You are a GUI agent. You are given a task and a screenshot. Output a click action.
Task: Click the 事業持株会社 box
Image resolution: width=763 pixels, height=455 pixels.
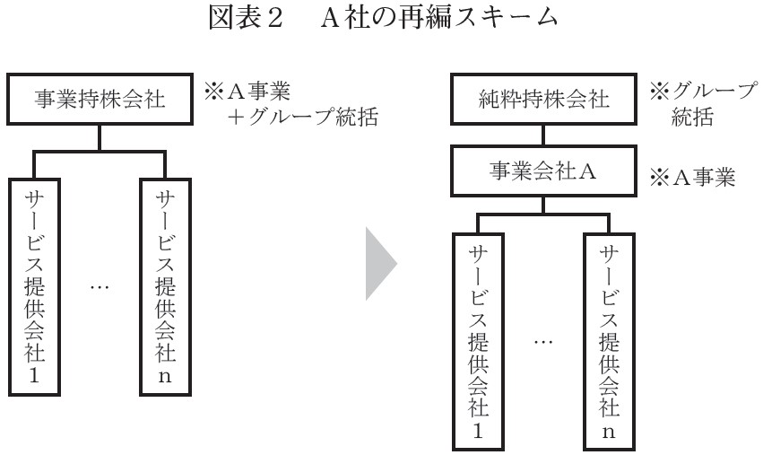[x=99, y=99]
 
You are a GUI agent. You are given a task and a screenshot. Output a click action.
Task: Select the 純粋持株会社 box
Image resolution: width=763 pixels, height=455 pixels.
[x=542, y=100]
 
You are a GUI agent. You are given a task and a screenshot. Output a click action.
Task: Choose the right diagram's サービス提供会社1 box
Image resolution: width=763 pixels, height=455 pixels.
[x=477, y=339]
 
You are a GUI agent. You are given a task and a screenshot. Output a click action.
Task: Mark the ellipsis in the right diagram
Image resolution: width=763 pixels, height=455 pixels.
[x=543, y=341]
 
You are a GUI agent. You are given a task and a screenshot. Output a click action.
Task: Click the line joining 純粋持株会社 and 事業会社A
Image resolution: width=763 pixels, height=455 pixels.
[x=542, y=135]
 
